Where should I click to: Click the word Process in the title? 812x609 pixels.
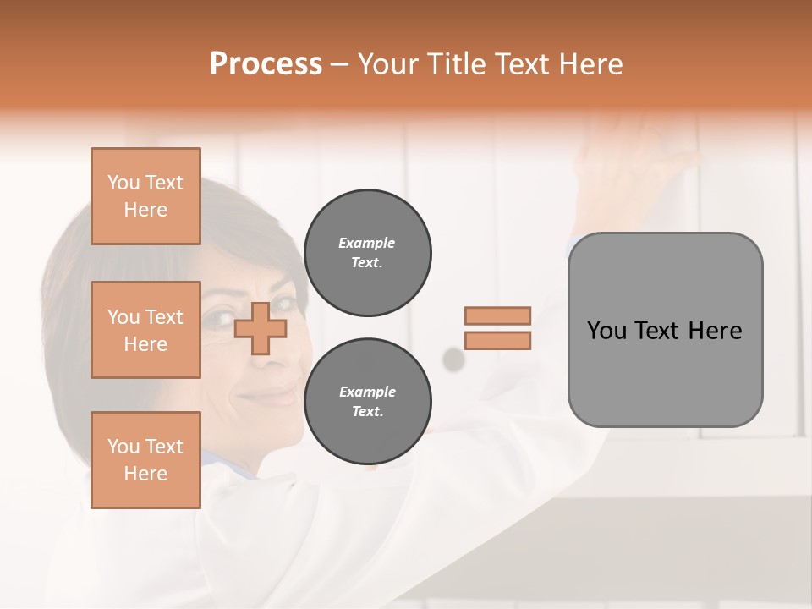[266, 64]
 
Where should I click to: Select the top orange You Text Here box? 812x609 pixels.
[145, 196]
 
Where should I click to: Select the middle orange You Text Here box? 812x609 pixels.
[145, 330]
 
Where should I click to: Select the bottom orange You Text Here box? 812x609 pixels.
[145, 459]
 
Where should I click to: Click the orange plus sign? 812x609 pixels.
[260, 329]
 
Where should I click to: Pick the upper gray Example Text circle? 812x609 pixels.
[367, 253]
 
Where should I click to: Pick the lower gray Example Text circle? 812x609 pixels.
[367, 402]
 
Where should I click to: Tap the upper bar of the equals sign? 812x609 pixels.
[497, 315]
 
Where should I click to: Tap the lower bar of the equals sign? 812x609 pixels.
[497, 340]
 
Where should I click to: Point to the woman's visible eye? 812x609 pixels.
[222, 321]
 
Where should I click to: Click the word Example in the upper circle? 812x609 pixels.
[367, 243]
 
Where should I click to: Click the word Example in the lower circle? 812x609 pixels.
[367, 392]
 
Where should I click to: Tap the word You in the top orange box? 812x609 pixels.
[123, 183]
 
